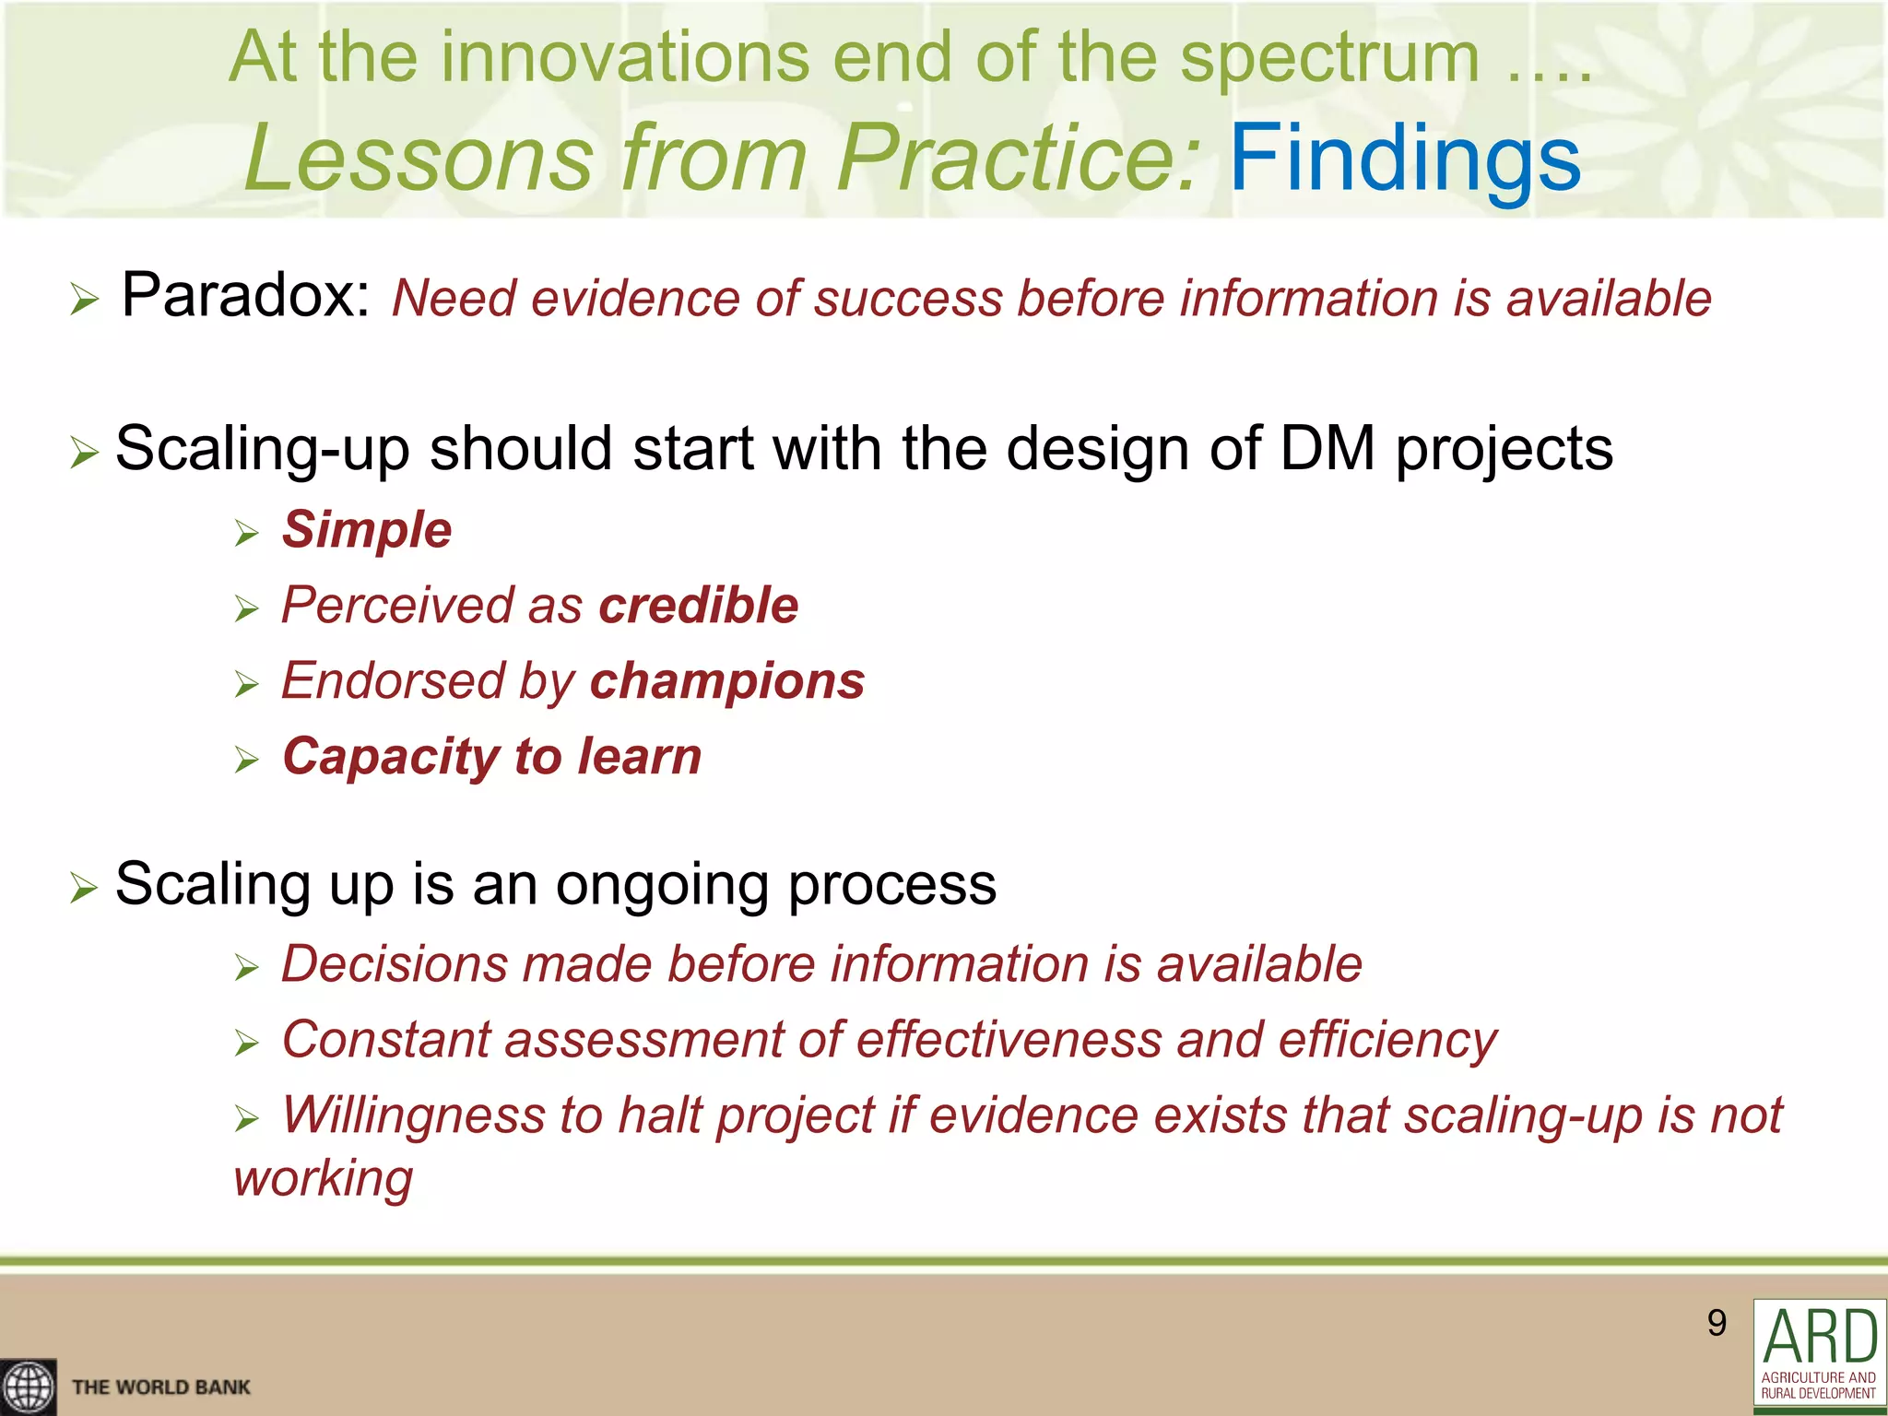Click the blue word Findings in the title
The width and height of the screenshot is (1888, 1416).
1405,159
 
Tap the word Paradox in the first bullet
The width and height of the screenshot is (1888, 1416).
244,296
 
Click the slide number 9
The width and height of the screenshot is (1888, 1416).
1716,1323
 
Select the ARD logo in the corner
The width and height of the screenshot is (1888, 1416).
1819,1354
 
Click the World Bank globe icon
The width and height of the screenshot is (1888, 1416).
28,1386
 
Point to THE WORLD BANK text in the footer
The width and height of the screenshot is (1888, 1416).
160,1387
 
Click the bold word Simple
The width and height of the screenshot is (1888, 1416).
367,530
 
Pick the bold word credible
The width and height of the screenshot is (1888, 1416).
698,606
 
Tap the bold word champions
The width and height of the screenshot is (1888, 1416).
726,681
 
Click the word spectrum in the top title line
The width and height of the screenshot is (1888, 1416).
1329,57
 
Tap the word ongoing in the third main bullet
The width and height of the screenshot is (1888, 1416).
664,884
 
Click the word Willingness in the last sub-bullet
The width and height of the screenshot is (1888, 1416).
412,1115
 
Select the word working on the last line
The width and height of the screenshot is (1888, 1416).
323,1179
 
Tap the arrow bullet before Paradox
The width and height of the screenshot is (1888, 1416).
84,300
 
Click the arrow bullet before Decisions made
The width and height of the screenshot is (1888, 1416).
246,968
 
